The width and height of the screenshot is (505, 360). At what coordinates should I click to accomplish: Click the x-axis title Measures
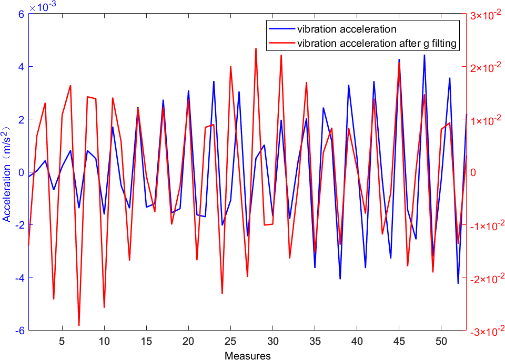click(247, 356)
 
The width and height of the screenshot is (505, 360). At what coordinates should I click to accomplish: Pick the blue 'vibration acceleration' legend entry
click(347, 29)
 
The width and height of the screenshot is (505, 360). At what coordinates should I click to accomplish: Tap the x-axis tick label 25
click(230, 340)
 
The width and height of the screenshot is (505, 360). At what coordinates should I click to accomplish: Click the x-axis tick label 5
click(62, 340)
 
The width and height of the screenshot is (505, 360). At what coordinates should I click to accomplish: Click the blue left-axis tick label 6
click(22, 14)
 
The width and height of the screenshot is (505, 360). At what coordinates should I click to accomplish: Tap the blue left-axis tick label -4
click(19, 277)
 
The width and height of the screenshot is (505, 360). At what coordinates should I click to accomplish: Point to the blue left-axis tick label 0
click(22, 172)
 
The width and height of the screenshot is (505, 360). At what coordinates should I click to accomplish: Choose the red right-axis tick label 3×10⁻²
click(485, 15)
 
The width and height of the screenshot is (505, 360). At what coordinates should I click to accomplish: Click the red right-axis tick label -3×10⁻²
click(484, 331)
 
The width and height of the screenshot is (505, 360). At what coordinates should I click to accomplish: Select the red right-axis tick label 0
click(472, 172)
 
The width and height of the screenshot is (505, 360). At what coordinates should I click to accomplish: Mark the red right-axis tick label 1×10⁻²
click(485, 120)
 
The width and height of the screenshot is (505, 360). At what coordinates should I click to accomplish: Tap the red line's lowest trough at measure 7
click(79, 325)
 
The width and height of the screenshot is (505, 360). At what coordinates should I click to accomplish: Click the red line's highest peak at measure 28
click(256, 48)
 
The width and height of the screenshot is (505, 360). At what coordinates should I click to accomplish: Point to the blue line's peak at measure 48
click(424, 55)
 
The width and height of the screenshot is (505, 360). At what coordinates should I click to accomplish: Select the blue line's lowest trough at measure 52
click(458, 283)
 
